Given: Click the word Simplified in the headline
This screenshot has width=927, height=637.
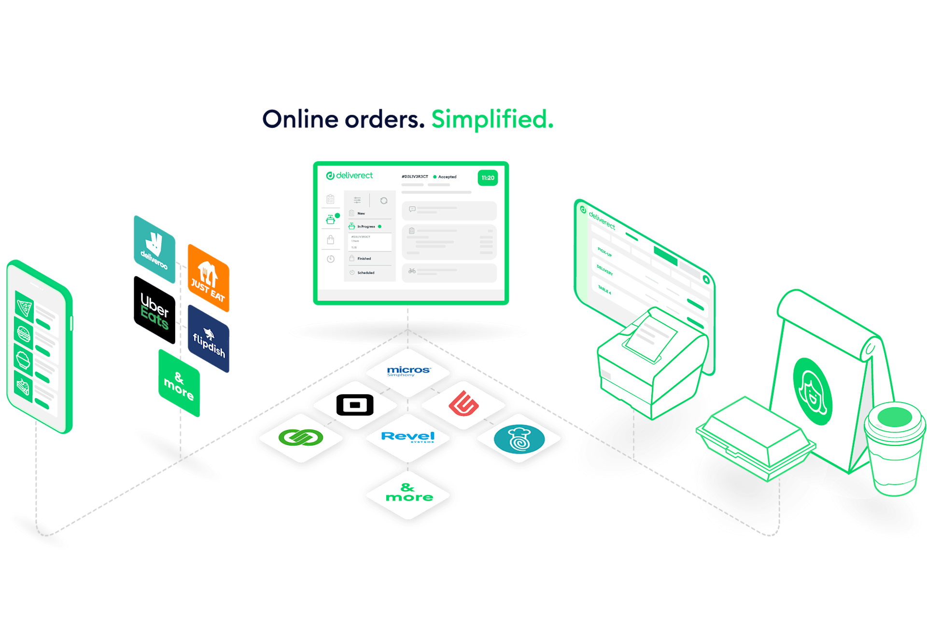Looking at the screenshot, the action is [492, 119].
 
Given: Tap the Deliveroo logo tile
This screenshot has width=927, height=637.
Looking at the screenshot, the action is [154, 249].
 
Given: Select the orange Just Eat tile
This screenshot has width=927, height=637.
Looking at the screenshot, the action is [208, 278].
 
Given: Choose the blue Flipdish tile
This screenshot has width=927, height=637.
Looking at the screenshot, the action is [209, 339].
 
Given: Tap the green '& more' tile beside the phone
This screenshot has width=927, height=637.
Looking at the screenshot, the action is [179, 383].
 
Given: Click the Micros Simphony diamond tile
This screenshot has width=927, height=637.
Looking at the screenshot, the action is [408, 372].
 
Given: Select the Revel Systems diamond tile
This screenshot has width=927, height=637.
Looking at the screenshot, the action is [408, 437].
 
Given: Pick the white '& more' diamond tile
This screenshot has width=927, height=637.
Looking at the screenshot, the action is [408, 494].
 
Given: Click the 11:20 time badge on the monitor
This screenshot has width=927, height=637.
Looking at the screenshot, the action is [488, 178].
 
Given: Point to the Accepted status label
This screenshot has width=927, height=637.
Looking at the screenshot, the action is [447, 177].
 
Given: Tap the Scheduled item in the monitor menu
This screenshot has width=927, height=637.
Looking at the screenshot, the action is [365, 273].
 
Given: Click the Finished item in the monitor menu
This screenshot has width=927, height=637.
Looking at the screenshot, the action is [364, 259].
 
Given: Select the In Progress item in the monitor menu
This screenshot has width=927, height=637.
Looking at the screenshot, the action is [366, 226].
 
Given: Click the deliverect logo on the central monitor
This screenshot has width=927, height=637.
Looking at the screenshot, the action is [350, 176].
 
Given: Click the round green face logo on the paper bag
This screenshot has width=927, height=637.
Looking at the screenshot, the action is [812, 391].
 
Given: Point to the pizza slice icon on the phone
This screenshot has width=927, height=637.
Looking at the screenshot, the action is [24, 306].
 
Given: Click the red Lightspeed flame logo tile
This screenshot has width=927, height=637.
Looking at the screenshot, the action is [463, 404].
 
